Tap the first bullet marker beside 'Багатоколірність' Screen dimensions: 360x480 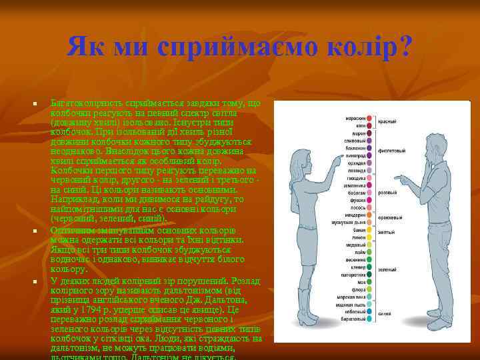[33, 105]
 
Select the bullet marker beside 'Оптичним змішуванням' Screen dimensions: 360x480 [33, 231]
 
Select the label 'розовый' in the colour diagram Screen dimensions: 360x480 [389, 192]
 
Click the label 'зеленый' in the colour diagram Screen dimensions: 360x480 [389, 269]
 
